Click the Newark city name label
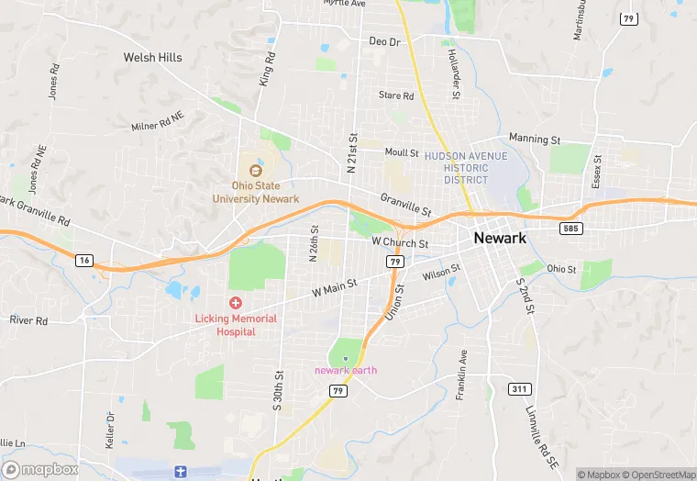click(x=500, y=238)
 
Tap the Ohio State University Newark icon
click(x=256, y=170)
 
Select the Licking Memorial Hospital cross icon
click(x=236, y=303)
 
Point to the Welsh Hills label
click(x=153, y=57)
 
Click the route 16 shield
click(x=84, y=261)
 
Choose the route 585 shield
click(x=570, y=228)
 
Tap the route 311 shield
click(x=519, y=389)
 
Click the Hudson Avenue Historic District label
click(x=465, y=168)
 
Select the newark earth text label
click(x=346, y=370)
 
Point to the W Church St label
click(x=400, y=243)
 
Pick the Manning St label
click(x=535, y=140)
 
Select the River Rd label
click(x=28, y=320)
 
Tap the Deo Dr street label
click(x=385, y=42)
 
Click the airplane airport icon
click(x=181, y=471)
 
